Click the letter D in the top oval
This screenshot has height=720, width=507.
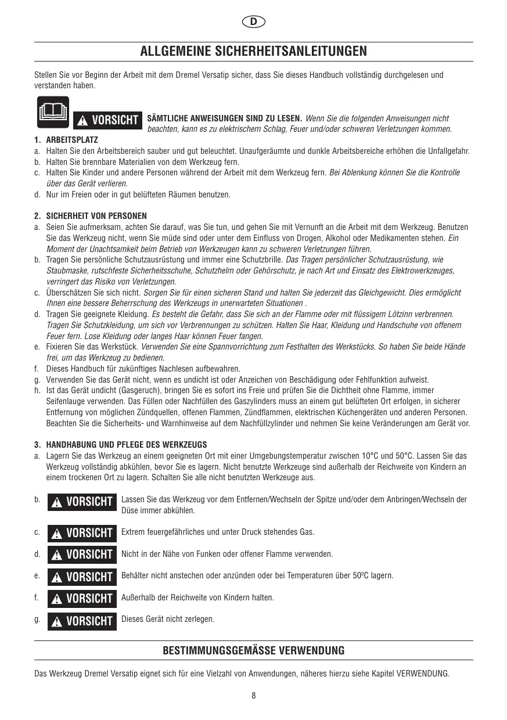click(253, 22)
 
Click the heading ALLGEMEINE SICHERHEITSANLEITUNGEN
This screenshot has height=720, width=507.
click(253, 51)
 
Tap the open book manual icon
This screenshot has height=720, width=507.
click(53, 111)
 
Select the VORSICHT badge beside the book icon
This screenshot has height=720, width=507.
click(109, 120)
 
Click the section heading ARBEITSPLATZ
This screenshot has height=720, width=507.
click(72, 141)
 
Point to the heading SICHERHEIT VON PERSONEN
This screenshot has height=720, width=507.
click(96, 216)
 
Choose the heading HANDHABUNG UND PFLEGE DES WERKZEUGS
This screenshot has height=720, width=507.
click(126, 445)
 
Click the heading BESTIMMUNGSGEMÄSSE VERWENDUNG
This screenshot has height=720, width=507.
click(253, 650)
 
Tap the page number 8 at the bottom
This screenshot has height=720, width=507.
click(254, 696)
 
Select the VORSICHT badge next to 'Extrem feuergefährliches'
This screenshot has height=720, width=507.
click(82, 532)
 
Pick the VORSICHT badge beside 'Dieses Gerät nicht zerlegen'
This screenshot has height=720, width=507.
click(82, 621)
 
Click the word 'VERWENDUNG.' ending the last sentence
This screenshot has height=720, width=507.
click(423, 674)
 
